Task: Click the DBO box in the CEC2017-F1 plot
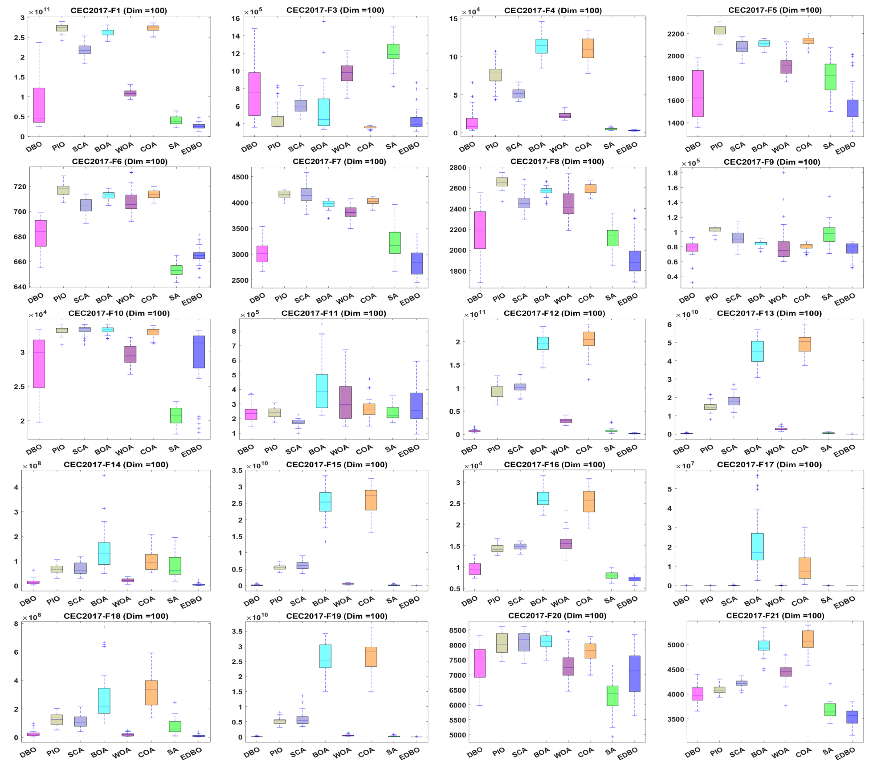[39, 105]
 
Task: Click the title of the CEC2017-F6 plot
[120, 161]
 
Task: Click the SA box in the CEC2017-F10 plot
[176, 415]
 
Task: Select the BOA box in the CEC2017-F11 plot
[322, 391]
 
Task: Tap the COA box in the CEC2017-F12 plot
[588, 338]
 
